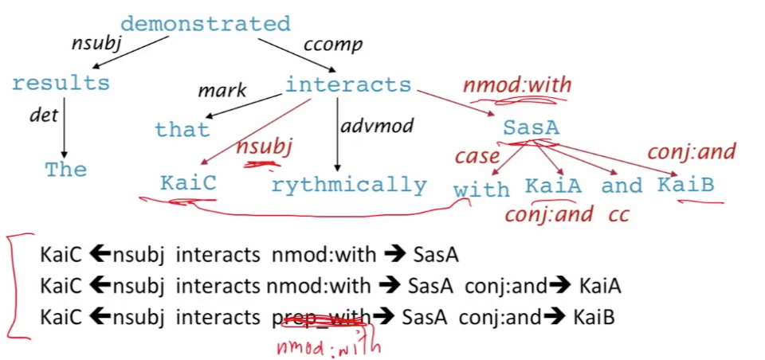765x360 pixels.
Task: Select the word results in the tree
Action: coord(61,83)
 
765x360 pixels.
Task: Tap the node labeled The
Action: coord(66,170)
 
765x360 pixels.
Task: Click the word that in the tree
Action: coord(182,130)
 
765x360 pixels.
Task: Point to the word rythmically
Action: coord(349,186)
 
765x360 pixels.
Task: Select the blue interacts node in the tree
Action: coord(348,85)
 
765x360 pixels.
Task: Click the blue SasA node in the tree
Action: coord(531,127)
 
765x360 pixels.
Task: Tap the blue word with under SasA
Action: coord(481,190)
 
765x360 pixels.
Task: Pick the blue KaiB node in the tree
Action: coord(685,186)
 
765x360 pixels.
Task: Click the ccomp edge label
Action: coord(333,45)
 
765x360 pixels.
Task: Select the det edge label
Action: coord(43,115)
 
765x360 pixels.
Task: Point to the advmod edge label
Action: coord(372,126)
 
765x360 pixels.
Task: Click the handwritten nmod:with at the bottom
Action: coord(329,346)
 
